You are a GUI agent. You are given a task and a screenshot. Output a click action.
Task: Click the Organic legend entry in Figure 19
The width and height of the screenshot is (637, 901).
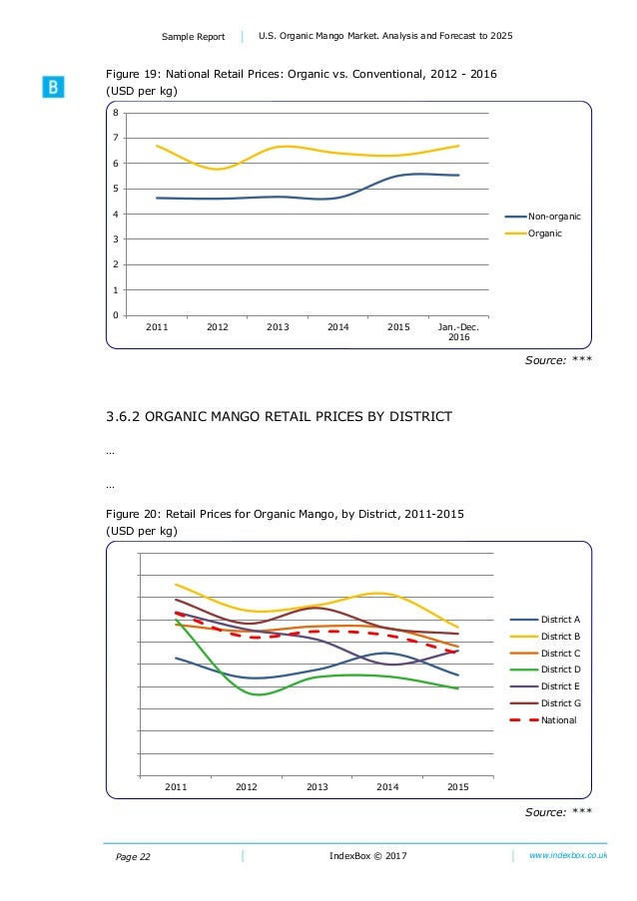(545, 233)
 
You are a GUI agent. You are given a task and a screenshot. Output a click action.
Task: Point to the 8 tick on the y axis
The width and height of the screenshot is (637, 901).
(116, 113)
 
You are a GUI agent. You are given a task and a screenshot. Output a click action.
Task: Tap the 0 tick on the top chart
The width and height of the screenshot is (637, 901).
(116, 315)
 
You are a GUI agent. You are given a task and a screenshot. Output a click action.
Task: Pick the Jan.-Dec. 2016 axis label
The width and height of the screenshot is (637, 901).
(458, 332)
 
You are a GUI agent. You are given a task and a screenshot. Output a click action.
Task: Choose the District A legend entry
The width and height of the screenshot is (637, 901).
(559, 620)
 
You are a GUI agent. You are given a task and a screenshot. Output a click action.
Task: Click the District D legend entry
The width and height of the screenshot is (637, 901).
(559, 670)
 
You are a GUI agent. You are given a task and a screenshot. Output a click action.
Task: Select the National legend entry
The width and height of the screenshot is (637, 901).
(558, 719)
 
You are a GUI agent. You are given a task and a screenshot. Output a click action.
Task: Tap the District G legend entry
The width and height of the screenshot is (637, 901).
(559, 702)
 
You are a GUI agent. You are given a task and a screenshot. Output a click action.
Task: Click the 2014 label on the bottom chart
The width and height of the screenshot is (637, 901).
(387, 787)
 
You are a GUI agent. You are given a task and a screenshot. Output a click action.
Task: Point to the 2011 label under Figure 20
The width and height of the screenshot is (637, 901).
(176, 787)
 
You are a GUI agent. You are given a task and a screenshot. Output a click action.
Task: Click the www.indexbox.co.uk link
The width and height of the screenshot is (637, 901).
(568, 856)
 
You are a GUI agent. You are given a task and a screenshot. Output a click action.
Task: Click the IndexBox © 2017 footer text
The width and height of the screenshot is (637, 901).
(367, 856)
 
